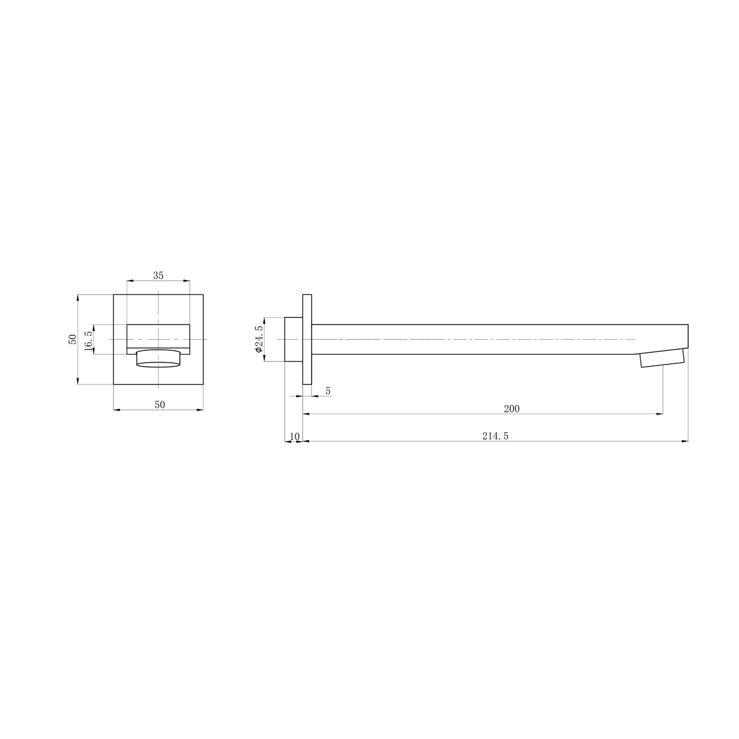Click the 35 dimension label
pyautogui.click(x=158, y=276)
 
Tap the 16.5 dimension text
pyautogui.click(x=88, y=340)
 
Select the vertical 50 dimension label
pyautogui.click(x=72, y=339)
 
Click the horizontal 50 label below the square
pyautogui.click(x=160, y=405)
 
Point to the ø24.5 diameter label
pyautogui.click(x=258, y=339)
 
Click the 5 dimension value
pyautogui.click(x=328, y=391)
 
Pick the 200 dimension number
pyautogui.click(x=511, y=409)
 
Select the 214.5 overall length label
pyautogui.click(x=495, y=436)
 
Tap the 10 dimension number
pyautogui.click(x=295, y=436)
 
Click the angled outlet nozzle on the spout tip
pyautogui.click(x=662, y=358)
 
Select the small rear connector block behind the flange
pyautogui.click(x=293, y=339)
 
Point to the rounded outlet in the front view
pyautogui.click(x=159, y=359)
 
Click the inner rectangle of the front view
pyautogui.click(x=159, y=335)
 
